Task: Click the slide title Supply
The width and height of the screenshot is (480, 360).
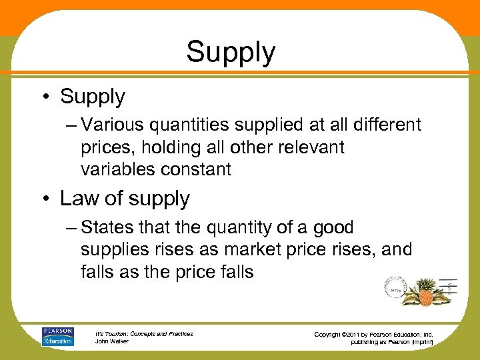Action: pos(231,53)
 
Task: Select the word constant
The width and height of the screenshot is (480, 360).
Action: pos(197,169)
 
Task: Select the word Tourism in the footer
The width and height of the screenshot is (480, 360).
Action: pos(117,334)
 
